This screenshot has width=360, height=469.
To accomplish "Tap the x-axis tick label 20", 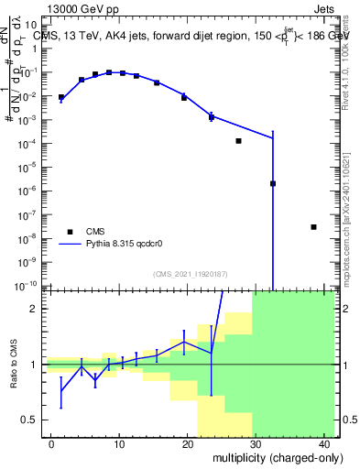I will (x=188, y=442).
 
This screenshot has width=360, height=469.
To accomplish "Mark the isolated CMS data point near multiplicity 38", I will (x=313, y=227).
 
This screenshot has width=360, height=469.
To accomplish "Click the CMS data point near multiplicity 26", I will (x=238, y=141).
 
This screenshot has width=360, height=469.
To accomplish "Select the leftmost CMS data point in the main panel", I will (x=61, y=97).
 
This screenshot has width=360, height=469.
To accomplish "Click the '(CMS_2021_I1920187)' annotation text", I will (x=190, y=273).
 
